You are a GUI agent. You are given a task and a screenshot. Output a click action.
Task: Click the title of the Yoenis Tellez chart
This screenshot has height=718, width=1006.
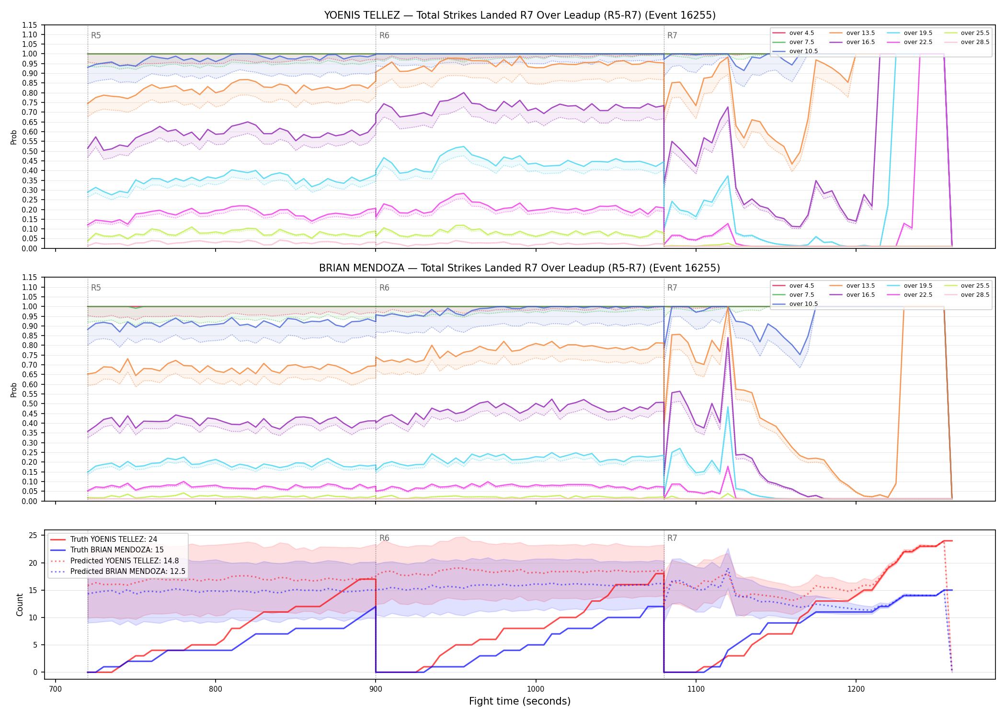(x=520, y=15)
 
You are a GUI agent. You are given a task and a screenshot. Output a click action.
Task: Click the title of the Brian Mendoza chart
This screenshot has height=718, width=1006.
(x=520, y=268)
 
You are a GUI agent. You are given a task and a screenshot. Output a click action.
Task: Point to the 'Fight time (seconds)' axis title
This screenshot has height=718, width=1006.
(x=520, y=701)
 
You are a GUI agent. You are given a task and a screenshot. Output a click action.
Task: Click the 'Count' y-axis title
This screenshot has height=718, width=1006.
(x=20, y=605)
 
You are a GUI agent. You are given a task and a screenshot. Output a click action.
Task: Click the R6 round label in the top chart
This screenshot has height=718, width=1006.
(x=384, y=35)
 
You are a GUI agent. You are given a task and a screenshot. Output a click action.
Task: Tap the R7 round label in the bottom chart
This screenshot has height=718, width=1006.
(x=672, y=538)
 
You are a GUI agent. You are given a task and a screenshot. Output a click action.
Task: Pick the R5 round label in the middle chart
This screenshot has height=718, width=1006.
(x=96, y=288)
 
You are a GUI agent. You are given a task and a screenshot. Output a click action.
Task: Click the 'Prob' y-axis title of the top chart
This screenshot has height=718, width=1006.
(x=14, y=137)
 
